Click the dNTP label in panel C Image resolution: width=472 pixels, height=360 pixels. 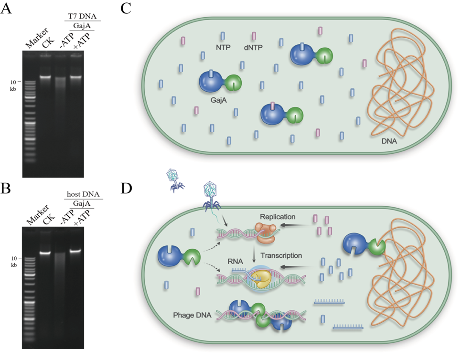coord(254,48)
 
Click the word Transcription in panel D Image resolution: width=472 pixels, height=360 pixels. coord(281,256)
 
